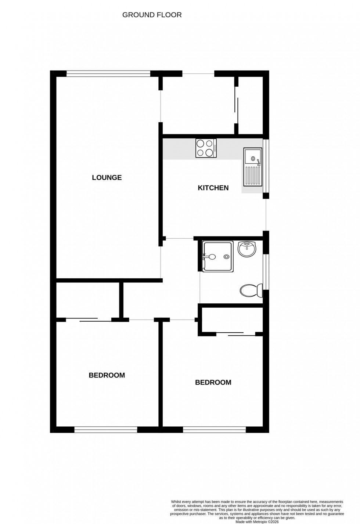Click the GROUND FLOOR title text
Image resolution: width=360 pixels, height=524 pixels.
point(152,15)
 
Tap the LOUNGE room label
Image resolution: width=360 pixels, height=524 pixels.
point(107,178)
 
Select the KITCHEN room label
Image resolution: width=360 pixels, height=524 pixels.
point(213,188)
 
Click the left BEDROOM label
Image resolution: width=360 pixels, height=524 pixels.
point(107,375)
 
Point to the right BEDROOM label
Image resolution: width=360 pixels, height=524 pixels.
point(213,383)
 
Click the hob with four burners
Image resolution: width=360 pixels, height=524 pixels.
point(206,148)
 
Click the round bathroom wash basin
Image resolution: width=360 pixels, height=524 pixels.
point(247,249)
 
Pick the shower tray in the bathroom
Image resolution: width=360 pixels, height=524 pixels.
point(217,257)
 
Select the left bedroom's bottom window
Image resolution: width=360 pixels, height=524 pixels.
point(106,429)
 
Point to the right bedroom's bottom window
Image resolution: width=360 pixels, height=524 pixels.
point(215,429)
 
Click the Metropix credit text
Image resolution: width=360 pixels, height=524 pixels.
point(257,522)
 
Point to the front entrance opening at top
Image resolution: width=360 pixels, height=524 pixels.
point(198,74)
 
